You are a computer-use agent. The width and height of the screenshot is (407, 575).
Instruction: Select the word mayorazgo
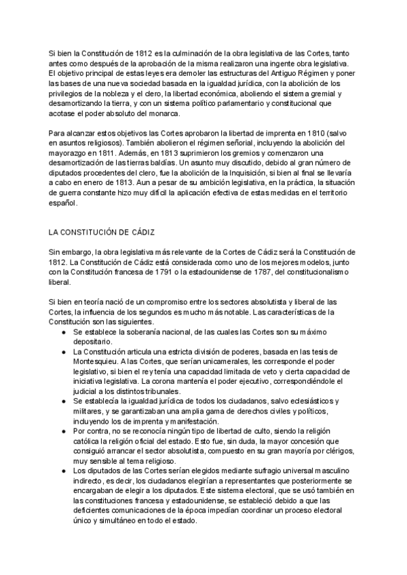click(x=69, y=154)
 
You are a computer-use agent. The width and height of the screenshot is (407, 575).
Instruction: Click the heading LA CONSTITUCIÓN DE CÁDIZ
click(x=104, y=231)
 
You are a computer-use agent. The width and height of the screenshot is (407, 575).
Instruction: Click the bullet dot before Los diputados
click(x=63, y=470)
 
